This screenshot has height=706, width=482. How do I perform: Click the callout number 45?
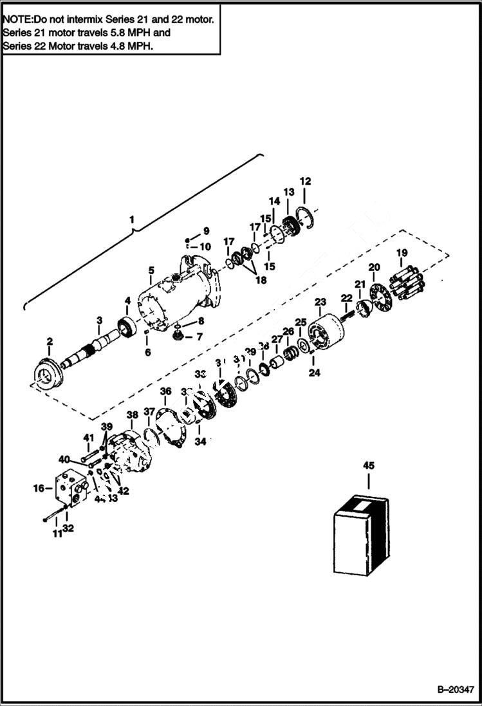[368, 465]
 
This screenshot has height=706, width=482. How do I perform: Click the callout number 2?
[50, 340]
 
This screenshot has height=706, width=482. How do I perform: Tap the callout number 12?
[305, 181]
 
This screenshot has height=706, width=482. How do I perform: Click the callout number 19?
[402, 252]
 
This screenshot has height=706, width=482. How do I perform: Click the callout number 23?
[320, 302]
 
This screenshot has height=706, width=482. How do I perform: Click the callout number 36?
[165, 391]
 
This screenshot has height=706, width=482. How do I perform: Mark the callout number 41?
[89, 438]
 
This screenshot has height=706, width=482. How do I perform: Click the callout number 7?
[199, 337]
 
